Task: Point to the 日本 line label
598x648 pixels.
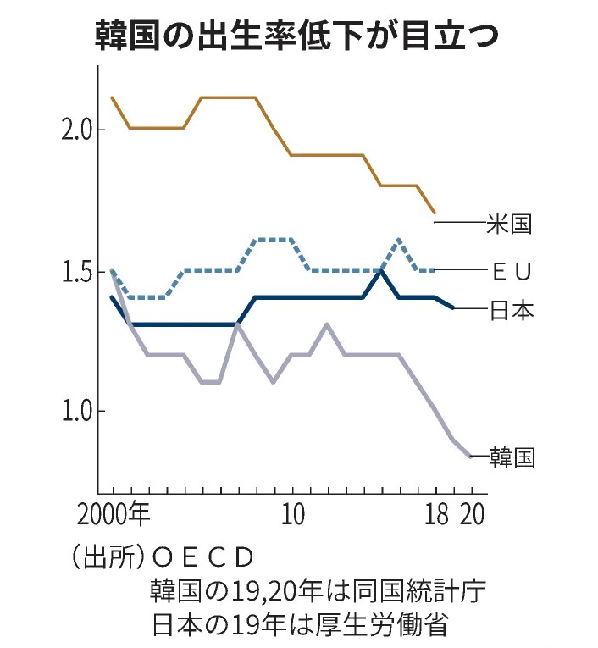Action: [x=512, y=310]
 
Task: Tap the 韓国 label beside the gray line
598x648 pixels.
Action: [x=512, y=457]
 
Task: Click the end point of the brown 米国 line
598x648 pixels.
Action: [x=435, y=213]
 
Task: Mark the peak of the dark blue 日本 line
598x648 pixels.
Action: [x=382, y=271]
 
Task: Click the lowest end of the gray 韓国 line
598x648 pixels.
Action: [x=470, y=457]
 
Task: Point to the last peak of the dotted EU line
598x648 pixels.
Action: [x=399, y=240]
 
